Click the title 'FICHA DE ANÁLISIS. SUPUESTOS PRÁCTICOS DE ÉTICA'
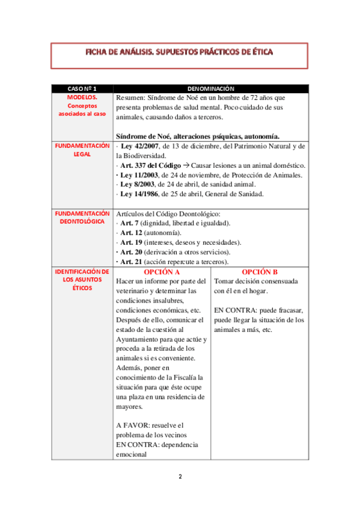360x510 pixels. (180, 52)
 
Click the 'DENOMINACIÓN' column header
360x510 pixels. (210, 88)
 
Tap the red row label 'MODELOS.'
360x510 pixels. (82, 97)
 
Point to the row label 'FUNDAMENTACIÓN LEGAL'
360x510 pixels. (82, 150)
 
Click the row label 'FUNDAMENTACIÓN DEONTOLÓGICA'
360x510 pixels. (82, 218)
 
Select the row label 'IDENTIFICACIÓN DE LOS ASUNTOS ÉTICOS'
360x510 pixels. (82, 280)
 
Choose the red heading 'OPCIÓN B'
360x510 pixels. (259, 272)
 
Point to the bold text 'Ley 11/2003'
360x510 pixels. (139, 175)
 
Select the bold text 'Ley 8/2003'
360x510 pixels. (138, 185)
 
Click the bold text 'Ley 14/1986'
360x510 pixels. (139, 194)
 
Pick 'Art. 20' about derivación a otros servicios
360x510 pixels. (132, 252)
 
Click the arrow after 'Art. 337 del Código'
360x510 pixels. (186, 165)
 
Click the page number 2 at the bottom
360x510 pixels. (180, 477)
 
